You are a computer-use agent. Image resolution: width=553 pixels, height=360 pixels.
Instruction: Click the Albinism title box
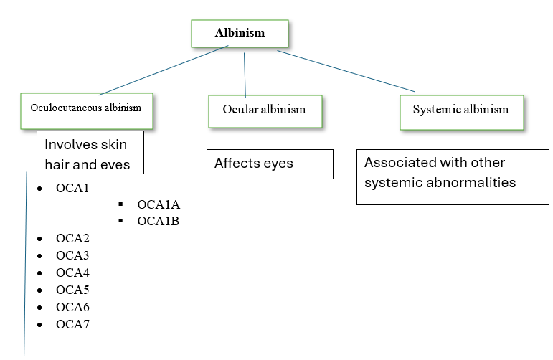point(240,33)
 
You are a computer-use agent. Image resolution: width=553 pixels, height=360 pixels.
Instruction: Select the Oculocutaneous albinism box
point(86,108)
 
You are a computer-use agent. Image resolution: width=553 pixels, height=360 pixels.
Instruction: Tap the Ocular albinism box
point(264,110)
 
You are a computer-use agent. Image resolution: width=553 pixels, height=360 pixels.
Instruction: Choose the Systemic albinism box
point(460,110)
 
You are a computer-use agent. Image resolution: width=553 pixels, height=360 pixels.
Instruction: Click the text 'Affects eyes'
point(254,164)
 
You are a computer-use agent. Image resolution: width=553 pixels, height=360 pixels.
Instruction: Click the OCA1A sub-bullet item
point(158,204)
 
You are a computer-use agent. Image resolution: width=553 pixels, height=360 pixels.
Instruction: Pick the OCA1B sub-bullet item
point(158,222)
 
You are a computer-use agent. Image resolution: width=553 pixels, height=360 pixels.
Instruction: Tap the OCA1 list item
point(72,189)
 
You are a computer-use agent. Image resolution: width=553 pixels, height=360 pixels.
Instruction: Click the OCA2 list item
point(72,238)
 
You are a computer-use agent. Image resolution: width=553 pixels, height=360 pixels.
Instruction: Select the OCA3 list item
point(72,255)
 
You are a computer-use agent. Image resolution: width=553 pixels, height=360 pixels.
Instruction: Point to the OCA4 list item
point(72,273)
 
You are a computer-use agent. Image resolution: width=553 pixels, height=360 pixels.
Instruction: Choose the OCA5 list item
point(72,290)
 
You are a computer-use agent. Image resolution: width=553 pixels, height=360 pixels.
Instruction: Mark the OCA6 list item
point(72,307)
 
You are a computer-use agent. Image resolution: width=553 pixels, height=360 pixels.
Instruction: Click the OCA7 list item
point(72,324)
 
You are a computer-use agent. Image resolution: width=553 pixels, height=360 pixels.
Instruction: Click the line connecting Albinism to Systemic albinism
point(346,70)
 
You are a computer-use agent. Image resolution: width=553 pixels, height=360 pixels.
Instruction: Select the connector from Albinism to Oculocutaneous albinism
point(164,70)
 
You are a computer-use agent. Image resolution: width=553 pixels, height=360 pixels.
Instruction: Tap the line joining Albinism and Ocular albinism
point(245,75)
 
